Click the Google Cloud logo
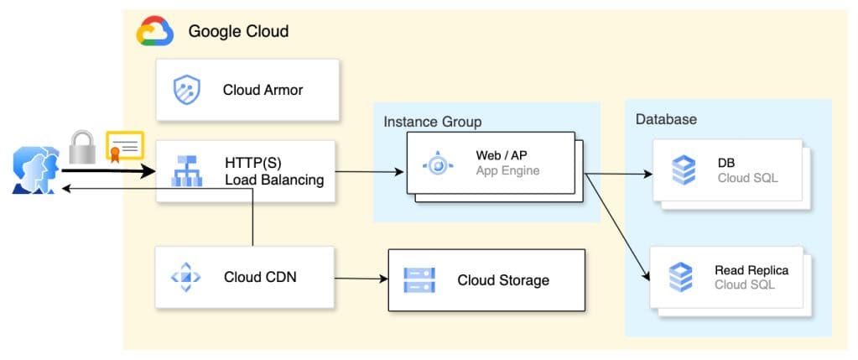point(155,32)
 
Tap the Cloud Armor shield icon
point(186,90)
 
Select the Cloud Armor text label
point(263,90)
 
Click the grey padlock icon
point(81,147)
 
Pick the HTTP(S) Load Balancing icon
point(186,170)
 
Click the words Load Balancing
point(274,180)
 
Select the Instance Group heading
point(433,122)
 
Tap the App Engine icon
point(438,164)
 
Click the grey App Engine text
point(507,171)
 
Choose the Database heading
point(666,119)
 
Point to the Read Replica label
point(751,270)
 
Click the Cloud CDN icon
point(185,277)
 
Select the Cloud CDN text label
point(260,277)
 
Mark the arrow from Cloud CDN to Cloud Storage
point(361,278)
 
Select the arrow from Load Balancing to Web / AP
point(369,173)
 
